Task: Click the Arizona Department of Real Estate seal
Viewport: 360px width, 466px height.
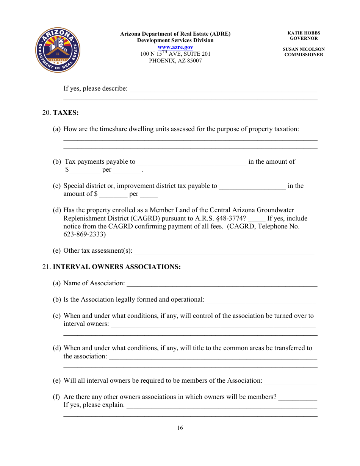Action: pos(58,50)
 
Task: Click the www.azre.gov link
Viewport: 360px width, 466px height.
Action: pos(175,47)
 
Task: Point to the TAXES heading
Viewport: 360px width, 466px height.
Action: pos(66,113)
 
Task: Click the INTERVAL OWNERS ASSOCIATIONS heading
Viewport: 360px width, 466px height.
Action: pos(117,267)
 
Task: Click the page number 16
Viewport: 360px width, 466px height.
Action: pos(180,428)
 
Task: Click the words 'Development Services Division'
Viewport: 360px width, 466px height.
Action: pos(175,40)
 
